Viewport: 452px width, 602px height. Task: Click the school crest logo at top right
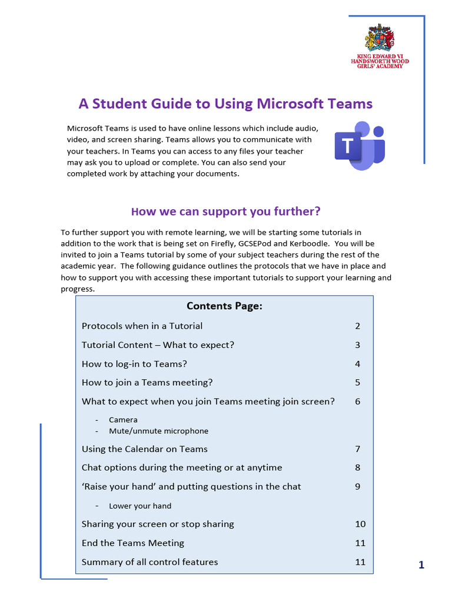(x=380, y=39)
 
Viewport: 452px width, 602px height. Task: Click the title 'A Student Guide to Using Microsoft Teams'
(x=225, y=104)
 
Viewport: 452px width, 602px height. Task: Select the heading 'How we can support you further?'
(x=225, y=211)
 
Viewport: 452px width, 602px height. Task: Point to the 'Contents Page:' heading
(x=224, y=306)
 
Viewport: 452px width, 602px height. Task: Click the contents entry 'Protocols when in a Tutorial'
(x=142, y=326)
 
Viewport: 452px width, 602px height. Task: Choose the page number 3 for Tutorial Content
(x=357, y=345)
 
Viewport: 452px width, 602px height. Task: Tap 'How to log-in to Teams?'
(x=134, y=363)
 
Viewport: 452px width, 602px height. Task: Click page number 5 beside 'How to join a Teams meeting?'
(x=357, y=382)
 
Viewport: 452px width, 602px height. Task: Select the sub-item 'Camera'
(x=123, y=420)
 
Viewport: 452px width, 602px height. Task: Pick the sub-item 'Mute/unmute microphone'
(x=158, y=431)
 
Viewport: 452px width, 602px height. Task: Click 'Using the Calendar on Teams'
(x=144, y=449)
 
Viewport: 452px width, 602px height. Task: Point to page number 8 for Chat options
(x=357, y=468)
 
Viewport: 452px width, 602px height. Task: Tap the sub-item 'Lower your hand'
(x=140, y=506)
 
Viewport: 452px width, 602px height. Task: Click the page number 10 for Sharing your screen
(x=360, y=524)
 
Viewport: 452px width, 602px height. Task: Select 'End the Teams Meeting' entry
(x=132, y=543)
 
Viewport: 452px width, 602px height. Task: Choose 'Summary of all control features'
(x=149, y=562)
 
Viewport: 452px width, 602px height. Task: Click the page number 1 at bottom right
(x=421, y=566)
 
